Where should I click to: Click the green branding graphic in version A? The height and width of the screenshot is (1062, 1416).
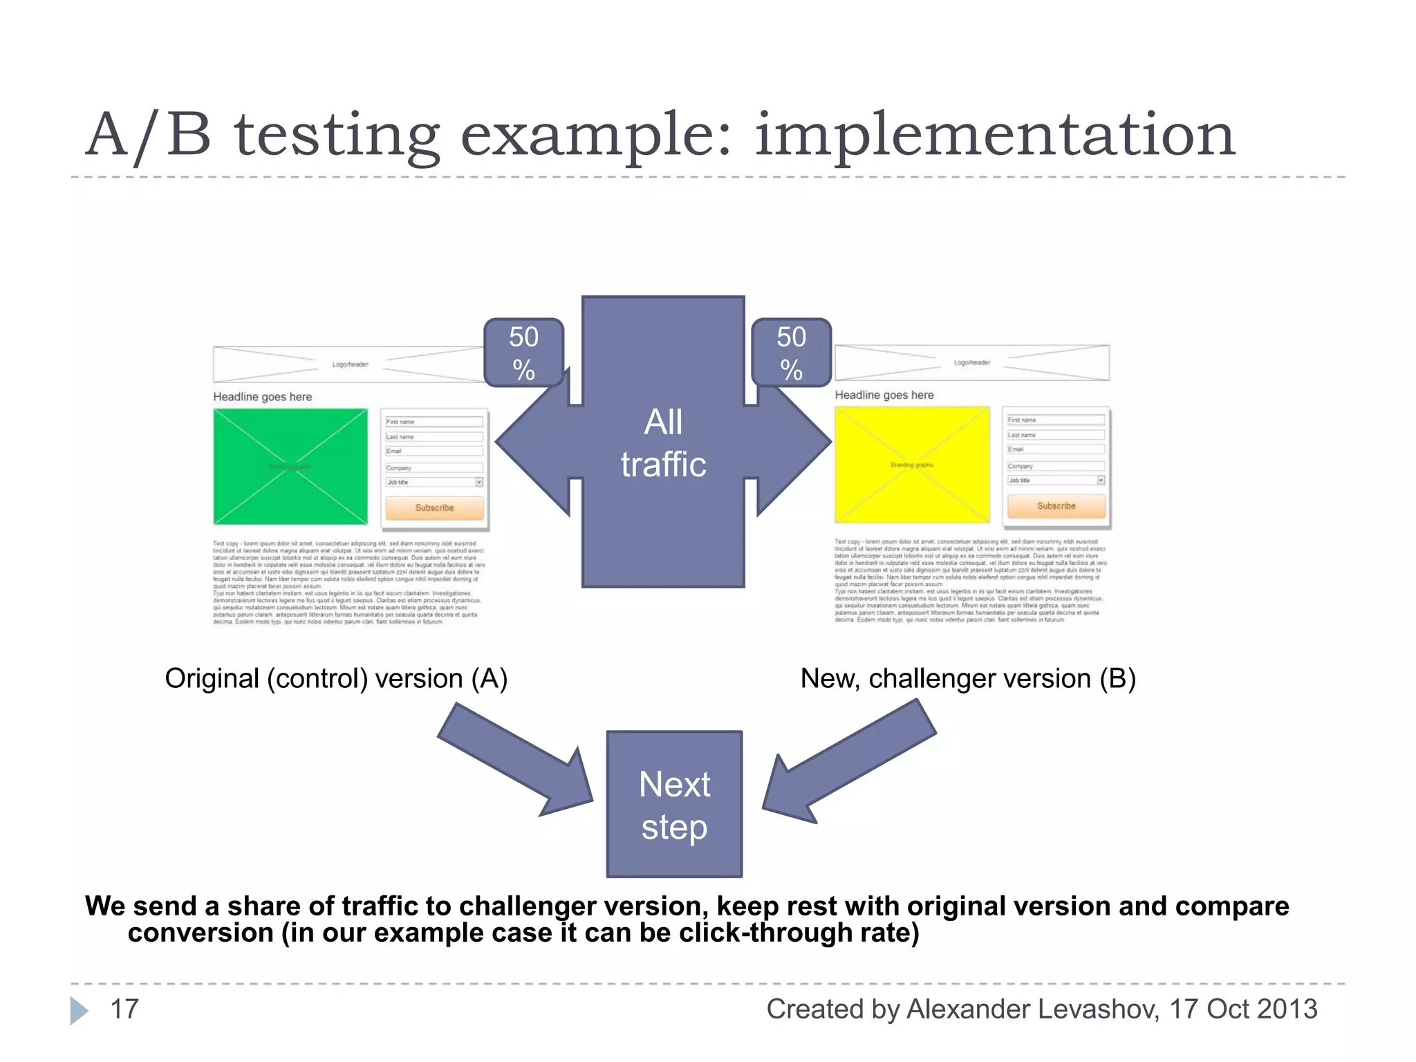[x=290, y=467]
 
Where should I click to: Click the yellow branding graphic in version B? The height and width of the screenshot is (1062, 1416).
[x=912, y=465]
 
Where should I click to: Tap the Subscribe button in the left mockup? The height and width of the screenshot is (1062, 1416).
[x=434, y=507]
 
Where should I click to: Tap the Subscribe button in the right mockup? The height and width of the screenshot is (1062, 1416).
[x=1056, y=506]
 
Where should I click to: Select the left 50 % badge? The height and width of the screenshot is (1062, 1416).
[x=524, y=353]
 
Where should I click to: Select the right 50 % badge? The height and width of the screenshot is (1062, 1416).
[x=791, y=353]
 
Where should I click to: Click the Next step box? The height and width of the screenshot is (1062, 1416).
[x=674, y=805]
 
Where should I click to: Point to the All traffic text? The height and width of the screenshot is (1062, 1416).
[x=663, y=442]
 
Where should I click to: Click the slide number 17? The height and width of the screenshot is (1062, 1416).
[x=124, y=1009]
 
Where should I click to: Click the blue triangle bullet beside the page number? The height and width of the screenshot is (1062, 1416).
[x=79, y=1010]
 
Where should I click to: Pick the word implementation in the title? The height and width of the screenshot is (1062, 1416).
[x=994, y=135]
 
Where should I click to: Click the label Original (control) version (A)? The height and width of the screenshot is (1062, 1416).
[x=336, y=679]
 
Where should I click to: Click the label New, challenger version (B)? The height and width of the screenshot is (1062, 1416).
[x=968, y=679]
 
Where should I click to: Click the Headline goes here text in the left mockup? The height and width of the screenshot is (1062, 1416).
[x=263, y=397]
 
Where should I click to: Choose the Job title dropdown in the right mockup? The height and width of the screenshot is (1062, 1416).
[x=1056, y=481]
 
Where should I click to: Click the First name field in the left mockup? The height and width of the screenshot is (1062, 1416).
[x=434, y=422]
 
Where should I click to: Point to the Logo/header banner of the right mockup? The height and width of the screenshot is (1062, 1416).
[x=971, y=363]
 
